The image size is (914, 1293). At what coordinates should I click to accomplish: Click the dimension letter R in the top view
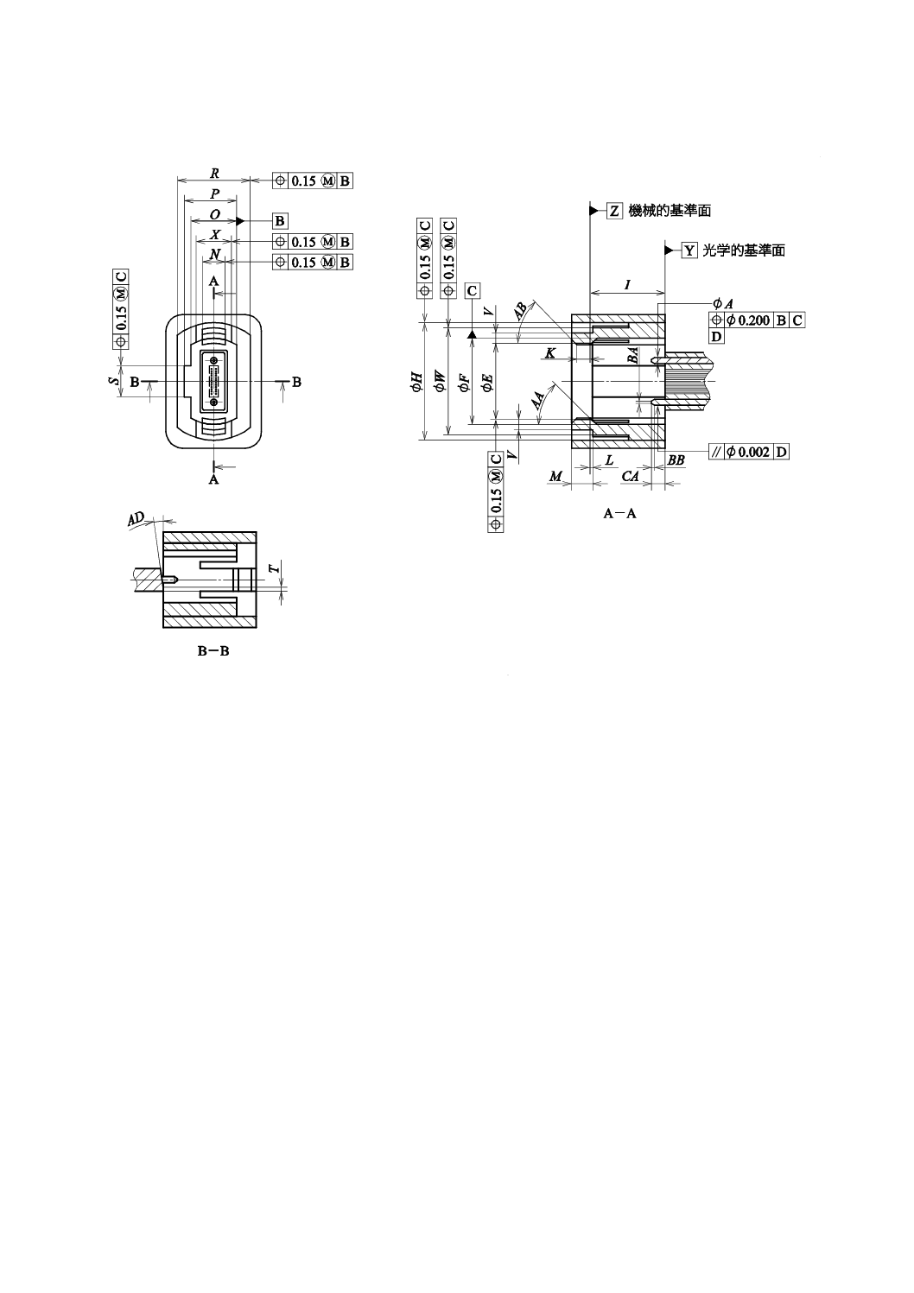213,173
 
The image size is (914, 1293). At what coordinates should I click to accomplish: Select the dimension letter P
214,193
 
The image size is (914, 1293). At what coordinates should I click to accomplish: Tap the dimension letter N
215,254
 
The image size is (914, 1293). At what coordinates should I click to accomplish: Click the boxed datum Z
614,211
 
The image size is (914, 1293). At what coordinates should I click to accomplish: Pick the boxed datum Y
689,250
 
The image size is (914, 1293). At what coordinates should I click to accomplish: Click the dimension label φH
416,382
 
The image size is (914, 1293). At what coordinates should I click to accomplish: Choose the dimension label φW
440,382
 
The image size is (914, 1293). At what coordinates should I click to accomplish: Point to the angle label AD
136,518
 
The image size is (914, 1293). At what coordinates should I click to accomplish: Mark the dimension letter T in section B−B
274,568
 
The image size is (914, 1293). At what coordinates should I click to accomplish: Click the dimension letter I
627,284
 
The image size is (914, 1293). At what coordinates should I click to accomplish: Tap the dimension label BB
676,460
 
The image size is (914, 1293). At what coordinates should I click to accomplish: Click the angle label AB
521,312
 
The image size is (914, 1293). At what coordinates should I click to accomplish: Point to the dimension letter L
609,460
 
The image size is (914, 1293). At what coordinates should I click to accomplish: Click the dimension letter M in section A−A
555,477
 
